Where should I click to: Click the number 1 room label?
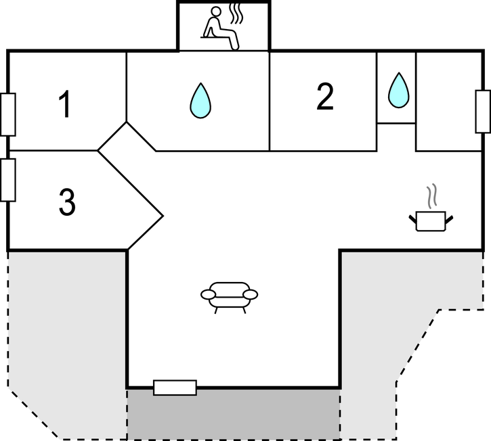(x=65, y=106)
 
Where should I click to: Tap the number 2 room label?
(x=325, y=98)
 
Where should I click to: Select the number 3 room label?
(x=66, y=202)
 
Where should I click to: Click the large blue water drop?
(x=200, y=100)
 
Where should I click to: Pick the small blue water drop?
(x=398, y=89)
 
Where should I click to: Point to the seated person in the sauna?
(x=221, y=28)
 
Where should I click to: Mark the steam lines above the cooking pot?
(x=431, y=197)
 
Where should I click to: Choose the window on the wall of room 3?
(x=8, y=179)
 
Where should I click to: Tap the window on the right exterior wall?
(x=483, y=112)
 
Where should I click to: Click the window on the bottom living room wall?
(x=175, y=388)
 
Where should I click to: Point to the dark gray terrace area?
(x=233, y=413)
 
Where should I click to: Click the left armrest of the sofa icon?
(x=209, y=294)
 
